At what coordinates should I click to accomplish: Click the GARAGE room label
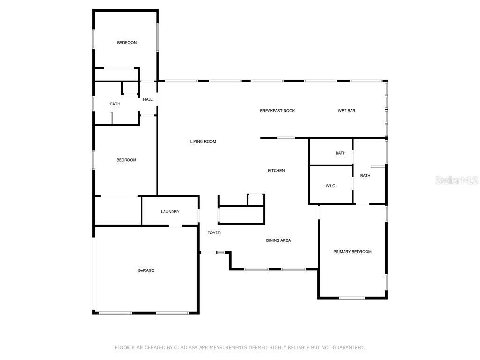(146, 270)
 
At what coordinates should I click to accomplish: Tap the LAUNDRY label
(170, 212)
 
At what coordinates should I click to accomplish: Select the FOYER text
(214, 233)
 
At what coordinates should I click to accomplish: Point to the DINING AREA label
(278, 240)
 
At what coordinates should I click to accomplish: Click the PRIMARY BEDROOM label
(352, 252)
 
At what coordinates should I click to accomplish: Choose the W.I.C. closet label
(331, 186)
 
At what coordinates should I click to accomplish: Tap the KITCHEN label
(276, 171)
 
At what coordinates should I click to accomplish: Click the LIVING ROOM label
(203, 142)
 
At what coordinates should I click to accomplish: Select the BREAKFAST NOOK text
(277, 111)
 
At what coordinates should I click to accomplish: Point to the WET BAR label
(347, 111)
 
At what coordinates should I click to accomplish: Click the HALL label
(148, 99)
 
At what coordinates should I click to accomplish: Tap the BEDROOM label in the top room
(127, 43)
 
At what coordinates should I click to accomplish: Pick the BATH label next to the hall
(115, 104)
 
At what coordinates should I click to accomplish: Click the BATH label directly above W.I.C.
(341, 153)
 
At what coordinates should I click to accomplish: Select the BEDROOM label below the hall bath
(127, 160)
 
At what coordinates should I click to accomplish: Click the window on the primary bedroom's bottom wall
(352, 298)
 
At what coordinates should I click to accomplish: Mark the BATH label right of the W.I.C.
(365, 176)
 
